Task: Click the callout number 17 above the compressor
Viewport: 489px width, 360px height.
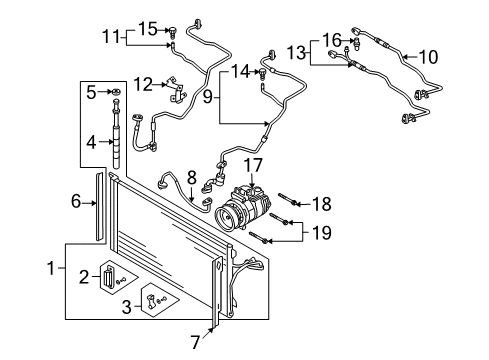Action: [x=253, y=166]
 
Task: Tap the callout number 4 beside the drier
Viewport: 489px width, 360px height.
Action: [x=91, y=142]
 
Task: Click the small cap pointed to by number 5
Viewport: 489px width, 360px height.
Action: [x=116, y=91]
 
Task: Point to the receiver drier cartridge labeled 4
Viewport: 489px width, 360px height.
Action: [x=116, y=133]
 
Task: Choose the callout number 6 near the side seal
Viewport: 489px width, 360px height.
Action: [x=76, y=201]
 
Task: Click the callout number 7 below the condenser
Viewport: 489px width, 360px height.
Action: [x=195, y=342]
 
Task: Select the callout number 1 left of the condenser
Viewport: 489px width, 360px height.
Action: [x=51, y=268]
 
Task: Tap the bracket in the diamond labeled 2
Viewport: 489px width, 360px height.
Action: [x=107, y=275]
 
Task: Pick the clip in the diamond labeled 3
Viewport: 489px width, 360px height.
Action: [x=151, y=301]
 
